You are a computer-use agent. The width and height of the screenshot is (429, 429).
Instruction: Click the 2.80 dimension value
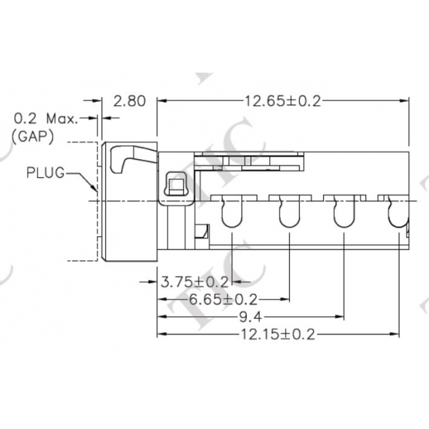[x=129, y=101]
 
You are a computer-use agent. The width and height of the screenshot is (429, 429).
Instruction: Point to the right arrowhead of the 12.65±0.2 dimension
[x=406, y=101]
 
